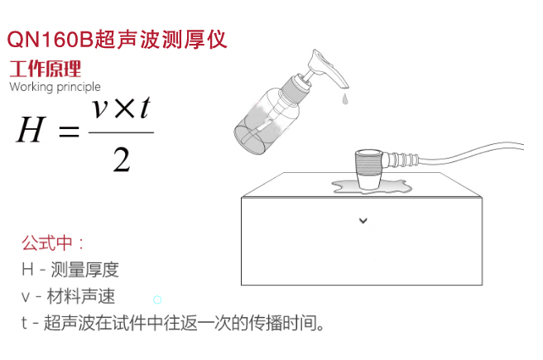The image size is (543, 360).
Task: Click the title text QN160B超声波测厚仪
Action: (x=117, y=40)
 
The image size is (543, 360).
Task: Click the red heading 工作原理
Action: (x=45, y=69)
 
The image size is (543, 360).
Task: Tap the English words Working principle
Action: (x=55, y=87)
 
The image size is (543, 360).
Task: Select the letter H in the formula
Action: (x=31, y=129)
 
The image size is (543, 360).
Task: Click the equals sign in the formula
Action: (x=69, y=132)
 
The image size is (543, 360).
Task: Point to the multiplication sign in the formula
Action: (x=124, y=108)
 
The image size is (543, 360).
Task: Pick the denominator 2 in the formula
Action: (x=122, y=159)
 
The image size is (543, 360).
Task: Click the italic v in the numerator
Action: (x=100, y=108)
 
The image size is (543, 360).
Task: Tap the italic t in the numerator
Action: (x=146, y=108)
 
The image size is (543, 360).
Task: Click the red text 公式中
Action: (x=46, y=243)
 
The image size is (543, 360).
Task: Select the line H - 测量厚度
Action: (x=70, y=270)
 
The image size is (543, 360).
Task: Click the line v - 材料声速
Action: (x=68, y=296)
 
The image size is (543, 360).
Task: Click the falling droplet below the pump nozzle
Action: (x=344, y=98)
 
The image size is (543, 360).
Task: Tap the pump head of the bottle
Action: (x=327, y=68)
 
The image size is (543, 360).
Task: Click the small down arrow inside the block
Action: (x=363, y=220)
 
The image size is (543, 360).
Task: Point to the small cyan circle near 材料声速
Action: (x=157, y=300)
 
